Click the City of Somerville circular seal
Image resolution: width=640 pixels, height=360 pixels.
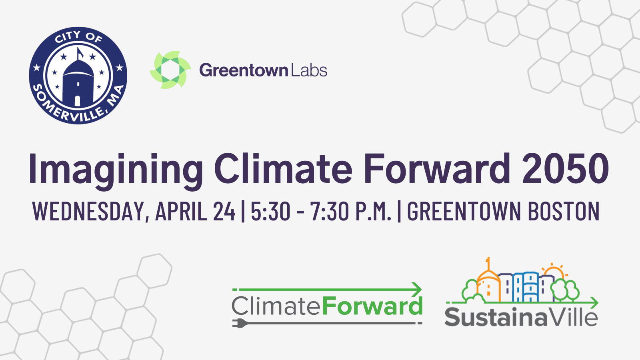(78, 76)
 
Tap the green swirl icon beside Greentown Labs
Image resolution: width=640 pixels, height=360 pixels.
(170, 70)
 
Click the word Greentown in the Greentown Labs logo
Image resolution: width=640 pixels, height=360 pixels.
(244, 70)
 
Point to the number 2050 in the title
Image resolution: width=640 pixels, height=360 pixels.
(566, 168)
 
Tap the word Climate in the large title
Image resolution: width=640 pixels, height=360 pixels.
(283, 168)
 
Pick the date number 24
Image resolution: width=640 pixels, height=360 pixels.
(224, 211)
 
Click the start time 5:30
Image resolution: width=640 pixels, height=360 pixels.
(270, 211)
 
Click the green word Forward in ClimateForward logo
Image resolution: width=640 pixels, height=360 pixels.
(372, 306)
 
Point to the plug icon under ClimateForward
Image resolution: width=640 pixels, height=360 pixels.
(240, 323)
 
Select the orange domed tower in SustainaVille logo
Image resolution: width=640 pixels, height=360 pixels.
(488, 283)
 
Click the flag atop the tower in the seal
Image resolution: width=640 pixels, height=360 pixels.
(80, 52)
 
